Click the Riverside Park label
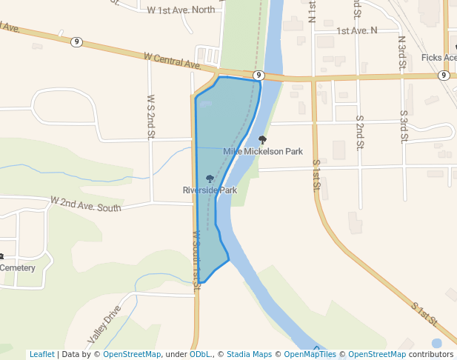(210, 190)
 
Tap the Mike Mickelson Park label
(263, 151)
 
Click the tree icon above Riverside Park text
(210, 179)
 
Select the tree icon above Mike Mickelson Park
(261, 139)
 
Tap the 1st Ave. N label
(356, 30)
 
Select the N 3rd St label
(401, 53)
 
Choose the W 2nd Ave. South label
(85, 204)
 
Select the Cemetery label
(17, 267)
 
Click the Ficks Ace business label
(438, 58)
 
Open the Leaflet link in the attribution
(41, 354)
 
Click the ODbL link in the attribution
(200, 354)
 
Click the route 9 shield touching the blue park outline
(258, 76)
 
